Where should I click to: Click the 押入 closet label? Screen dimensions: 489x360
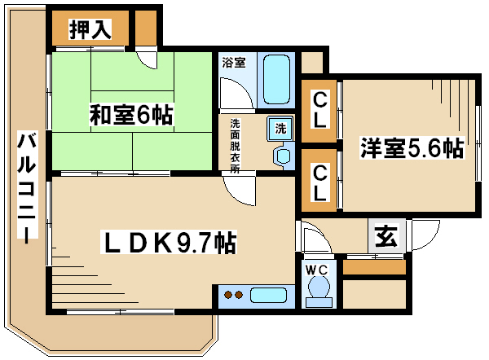click(x=90, y=29)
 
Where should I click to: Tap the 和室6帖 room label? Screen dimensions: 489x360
click(x=131, y=115)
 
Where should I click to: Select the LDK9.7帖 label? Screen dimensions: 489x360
click(x=169, y=242)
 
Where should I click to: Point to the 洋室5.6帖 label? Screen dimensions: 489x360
click(x=412, y=147)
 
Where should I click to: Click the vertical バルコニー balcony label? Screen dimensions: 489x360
click(x=27, y=186)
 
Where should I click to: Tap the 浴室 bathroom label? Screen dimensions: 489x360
click(x=234, y=63)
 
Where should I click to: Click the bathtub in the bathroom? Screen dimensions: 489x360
click(x=276, y=80)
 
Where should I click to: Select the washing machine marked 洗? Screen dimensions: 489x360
click(x=280, y=128)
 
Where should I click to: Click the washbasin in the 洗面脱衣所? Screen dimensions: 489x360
click(x=283, y=156)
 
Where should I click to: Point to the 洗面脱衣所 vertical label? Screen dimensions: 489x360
click(x=235, y=146)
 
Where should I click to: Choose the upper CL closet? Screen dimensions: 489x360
click(x=319, y=111)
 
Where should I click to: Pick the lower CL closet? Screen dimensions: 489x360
click(x=319, y=180)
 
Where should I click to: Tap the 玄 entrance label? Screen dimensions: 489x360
click(x=386, y=235)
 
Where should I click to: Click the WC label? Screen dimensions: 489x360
click(x=317, y=270)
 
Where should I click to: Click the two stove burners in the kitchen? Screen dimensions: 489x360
click(x=234, y=295)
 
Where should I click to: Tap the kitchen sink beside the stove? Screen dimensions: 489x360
click(x=268, y=295)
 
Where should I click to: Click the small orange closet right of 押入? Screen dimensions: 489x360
click(x=146, y=28)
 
